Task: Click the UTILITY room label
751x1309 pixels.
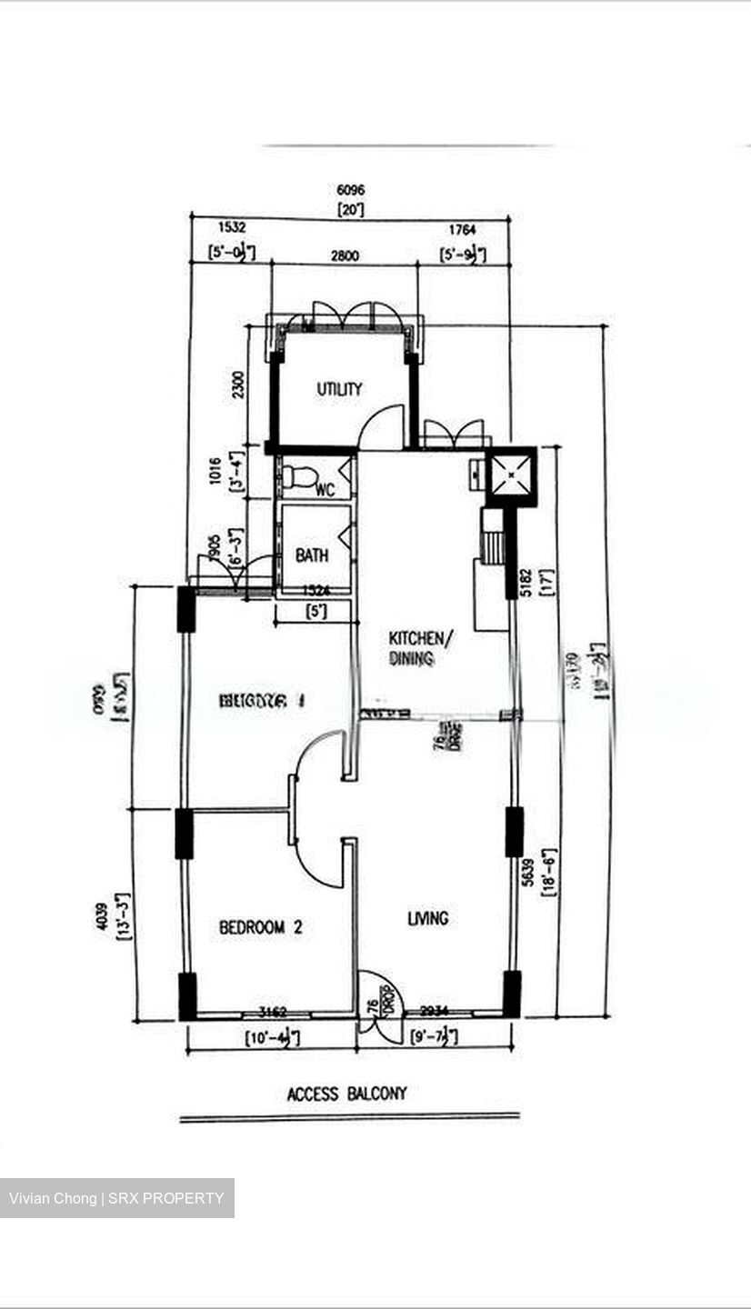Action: [x=339, y=389]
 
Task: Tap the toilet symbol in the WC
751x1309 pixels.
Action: [x=299, y=476]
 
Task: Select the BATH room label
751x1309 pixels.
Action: [x=312, y=555]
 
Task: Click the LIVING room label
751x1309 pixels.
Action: [x=427, y=918]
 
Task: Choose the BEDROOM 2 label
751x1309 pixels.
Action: [x=260, y=927]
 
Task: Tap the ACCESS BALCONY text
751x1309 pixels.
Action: [x=347, y=1094]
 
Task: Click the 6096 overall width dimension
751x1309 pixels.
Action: [x=351, y=191]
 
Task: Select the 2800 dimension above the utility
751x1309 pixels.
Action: [x=345, y=255]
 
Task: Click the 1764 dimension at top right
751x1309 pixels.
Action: [x=461, y=231]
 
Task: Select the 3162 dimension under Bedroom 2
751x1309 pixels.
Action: [x=273, y=1011]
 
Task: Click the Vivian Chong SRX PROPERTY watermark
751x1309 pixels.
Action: [x=116, y=1198]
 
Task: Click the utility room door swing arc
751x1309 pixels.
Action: [x=380, y=427]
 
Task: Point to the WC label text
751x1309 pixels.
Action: [x=325, y=491]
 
